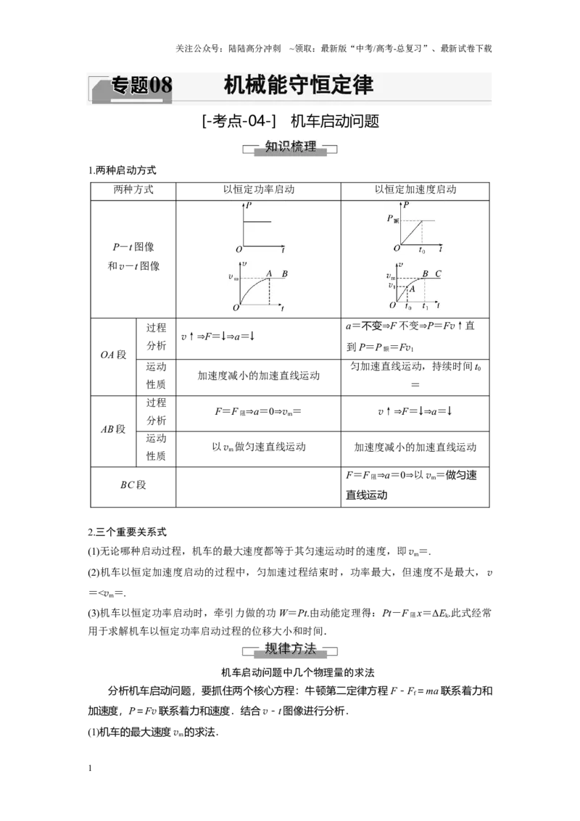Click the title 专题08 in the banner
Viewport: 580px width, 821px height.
point(141,85)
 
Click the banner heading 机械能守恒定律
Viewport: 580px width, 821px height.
point(299,85)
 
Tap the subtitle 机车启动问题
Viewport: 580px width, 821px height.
point(335,121)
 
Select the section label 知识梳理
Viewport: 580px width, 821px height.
point(290,146)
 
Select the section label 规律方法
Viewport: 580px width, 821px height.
point(290,648)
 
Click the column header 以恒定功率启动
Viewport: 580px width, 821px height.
point(259,189)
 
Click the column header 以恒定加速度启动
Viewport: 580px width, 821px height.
point(415,189)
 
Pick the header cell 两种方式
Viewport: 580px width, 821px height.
point(133,189)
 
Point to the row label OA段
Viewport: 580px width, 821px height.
point(114,355)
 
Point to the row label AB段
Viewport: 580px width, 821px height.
point(114,429)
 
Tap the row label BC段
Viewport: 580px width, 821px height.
point(133,485)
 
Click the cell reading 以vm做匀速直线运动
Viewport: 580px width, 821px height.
point(259,447)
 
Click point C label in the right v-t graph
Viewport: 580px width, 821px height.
point(438,274)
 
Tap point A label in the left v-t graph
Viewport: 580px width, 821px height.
point(270,273)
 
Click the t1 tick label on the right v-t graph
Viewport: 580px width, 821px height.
point(425,306)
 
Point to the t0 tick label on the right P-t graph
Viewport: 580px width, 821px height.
point(422,250)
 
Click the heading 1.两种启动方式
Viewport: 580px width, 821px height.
point(122,170)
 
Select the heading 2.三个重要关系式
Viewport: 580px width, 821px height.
point(127,532)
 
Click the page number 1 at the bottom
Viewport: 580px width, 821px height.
point(90,768)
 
